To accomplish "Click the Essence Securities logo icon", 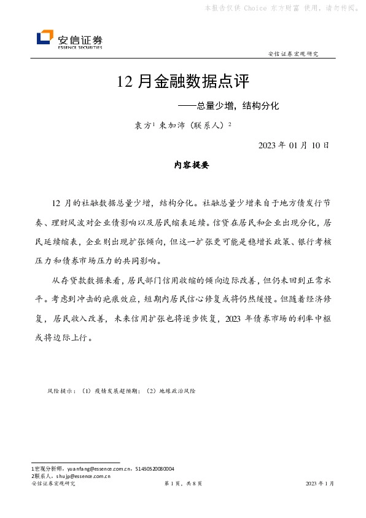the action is (x=45, y=39).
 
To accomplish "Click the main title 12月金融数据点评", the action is (x=183, y=81).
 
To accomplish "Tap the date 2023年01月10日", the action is (x=294, y=145).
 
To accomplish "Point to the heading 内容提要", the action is (x=183, y=165).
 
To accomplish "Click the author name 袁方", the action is (x=142, y=125).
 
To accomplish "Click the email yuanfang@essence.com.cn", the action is (x=90, y=469).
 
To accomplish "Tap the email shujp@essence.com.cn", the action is (x=82, y=476).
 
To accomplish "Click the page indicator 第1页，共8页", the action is (x=183, y=484).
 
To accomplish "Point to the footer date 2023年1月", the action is (x=320, y=484).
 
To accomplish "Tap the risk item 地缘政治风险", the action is (x=178, y=391).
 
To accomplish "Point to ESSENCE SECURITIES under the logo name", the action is (x=80, y=47).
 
